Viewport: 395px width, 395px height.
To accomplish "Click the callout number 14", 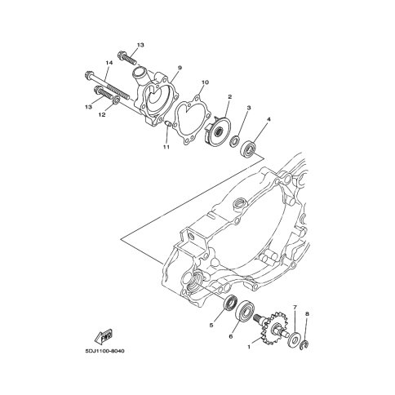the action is click(x=109, y=63).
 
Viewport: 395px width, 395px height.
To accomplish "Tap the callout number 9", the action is click(x=180, y=68).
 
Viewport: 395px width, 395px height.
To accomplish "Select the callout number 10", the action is click(x=205, y=82).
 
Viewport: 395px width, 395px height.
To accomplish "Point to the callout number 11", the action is click(x=166, y=147).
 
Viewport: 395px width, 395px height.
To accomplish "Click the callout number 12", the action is click(x=102, y=115).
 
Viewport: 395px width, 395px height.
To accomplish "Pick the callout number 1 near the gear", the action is click(x=248, y=347).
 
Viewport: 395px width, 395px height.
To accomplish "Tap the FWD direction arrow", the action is click(x=104, y=337).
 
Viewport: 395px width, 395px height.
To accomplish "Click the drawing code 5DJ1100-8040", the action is click(x=104, y=351).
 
